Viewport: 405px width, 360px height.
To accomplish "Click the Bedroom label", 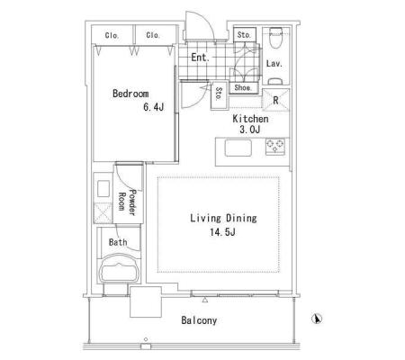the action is click(x=130, y=94).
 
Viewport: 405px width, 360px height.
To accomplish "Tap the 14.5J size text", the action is click(x=222, y=232).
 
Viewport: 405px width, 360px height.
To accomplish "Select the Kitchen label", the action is click(x=250, y=119).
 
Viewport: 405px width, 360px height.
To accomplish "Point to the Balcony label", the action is click(x=199, y=320).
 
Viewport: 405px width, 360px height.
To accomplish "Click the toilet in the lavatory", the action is click(x=275, y=37).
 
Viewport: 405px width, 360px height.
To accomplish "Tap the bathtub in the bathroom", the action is click(x=120, y=269).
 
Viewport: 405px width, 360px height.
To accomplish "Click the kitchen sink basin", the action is click(x=238, y=148).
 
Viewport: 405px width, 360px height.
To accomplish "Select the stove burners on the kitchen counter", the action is click(x=275, y=147).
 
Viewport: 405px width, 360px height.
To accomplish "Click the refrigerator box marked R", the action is click(x=275, y=100).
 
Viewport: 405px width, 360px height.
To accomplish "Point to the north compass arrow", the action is click(x=317, y=319).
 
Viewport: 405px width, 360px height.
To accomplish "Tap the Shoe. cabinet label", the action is click(x=243, y=87).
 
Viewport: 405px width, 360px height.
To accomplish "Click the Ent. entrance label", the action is click(x=200, y=58).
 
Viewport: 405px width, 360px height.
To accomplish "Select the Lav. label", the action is click(x=274, y=64).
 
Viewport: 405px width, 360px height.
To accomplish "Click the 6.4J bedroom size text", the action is click(x=154, y=107).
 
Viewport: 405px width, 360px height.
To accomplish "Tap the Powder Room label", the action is click(x=127, y=202).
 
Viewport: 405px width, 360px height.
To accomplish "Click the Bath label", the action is click(x=118, y=242).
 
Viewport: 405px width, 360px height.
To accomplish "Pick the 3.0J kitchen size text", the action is click(x=249, y=130).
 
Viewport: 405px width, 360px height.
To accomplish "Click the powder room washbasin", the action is click(x=103, y=188).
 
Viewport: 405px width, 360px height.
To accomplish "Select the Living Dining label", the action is click(x=223, y=218).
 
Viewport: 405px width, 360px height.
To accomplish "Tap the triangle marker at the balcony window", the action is click(x=205, y=300).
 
